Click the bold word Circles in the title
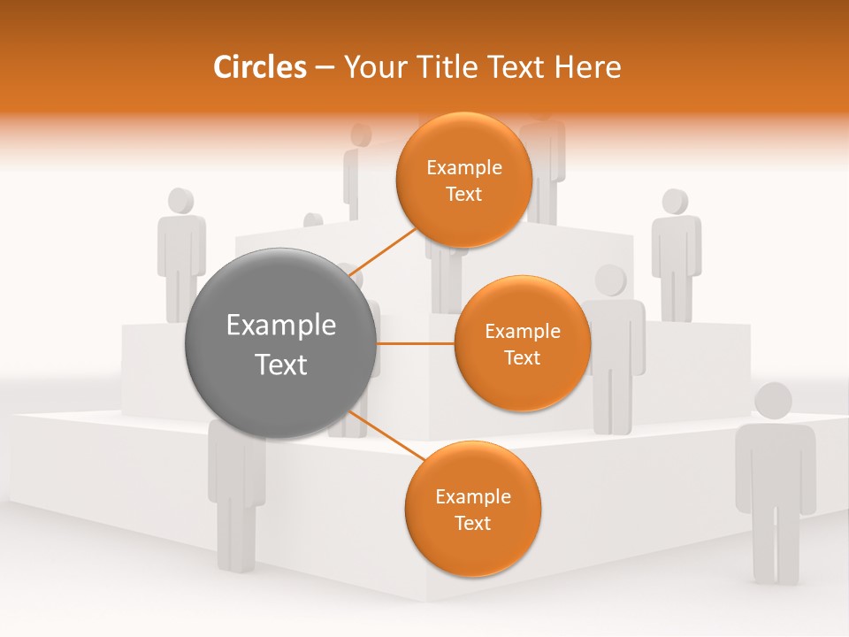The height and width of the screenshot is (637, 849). point(260,67)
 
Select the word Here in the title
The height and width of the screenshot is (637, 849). point(586,67)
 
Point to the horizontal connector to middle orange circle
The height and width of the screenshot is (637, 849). point(416,343)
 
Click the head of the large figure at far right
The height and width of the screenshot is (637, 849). point(773,402)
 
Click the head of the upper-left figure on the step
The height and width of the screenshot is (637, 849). point(181,201)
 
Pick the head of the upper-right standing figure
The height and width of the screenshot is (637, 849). point(676,202)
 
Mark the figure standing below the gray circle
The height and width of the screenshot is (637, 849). point(235,495)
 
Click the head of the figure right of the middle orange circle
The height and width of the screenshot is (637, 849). point(610,280)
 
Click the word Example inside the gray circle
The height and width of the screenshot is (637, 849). point(280,326)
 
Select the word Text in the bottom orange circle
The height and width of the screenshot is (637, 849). point(472,523)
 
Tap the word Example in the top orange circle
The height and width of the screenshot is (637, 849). point(463,168)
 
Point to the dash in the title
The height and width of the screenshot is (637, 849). point(325,68)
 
